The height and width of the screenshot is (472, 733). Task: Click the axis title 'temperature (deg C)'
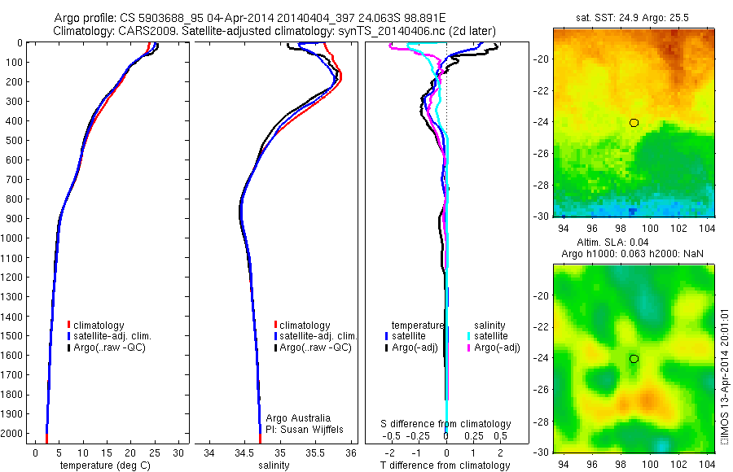pyautogui.click(x=103, y=465)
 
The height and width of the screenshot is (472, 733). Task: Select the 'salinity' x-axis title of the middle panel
pyautogui.click(x=274, y=465)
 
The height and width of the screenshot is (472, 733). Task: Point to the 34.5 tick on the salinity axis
pyautogui.click(x=244, y=452)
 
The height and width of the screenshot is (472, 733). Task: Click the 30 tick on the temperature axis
pyautogui.click(x=178, y=452)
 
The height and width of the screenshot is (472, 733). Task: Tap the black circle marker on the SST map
pyautogui.click(x=634, y=123)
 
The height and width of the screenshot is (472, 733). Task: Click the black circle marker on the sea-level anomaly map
pyautogui.click(x=634, y=359)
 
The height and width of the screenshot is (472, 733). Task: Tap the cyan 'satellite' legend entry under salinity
pyautogui.click(x=490, y=336)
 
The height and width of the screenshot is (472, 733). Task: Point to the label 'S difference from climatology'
pyautogui.click(x=446, y=424)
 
